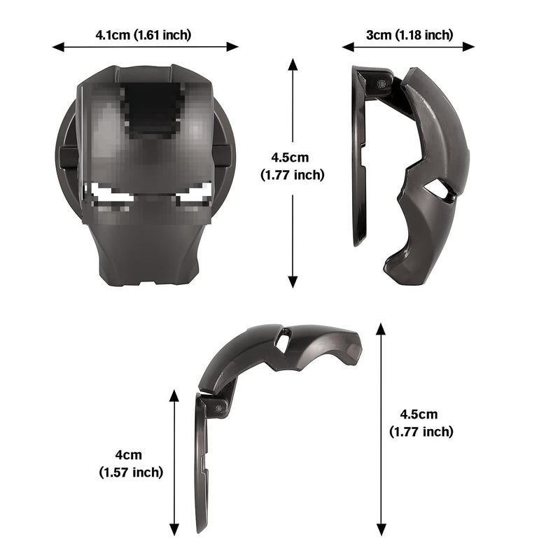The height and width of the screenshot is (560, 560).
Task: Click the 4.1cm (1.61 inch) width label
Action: pyautogui.click(x=143, y=35)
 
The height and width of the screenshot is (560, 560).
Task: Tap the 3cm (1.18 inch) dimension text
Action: pyautogui.click(x=409, y=35)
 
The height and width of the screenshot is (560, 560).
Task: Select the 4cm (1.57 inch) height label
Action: pyautogui.click(x=131, y=463)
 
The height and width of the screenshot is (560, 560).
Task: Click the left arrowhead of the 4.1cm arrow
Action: pyautogui.click(x=58, y=47)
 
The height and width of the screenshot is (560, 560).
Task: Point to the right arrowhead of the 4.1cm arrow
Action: pyautogui.click(x=232, y=47)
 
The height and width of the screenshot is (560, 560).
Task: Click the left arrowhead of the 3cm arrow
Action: pyautogui.click(x=348, y=47)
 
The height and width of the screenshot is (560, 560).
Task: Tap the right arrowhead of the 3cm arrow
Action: pyautogui.click(x=468, y=47)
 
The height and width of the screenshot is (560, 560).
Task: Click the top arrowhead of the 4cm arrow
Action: pyautogui.click(x=174, y=395)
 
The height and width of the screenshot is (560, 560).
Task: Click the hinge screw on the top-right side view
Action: pyautogui.click(x=381, y=83)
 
